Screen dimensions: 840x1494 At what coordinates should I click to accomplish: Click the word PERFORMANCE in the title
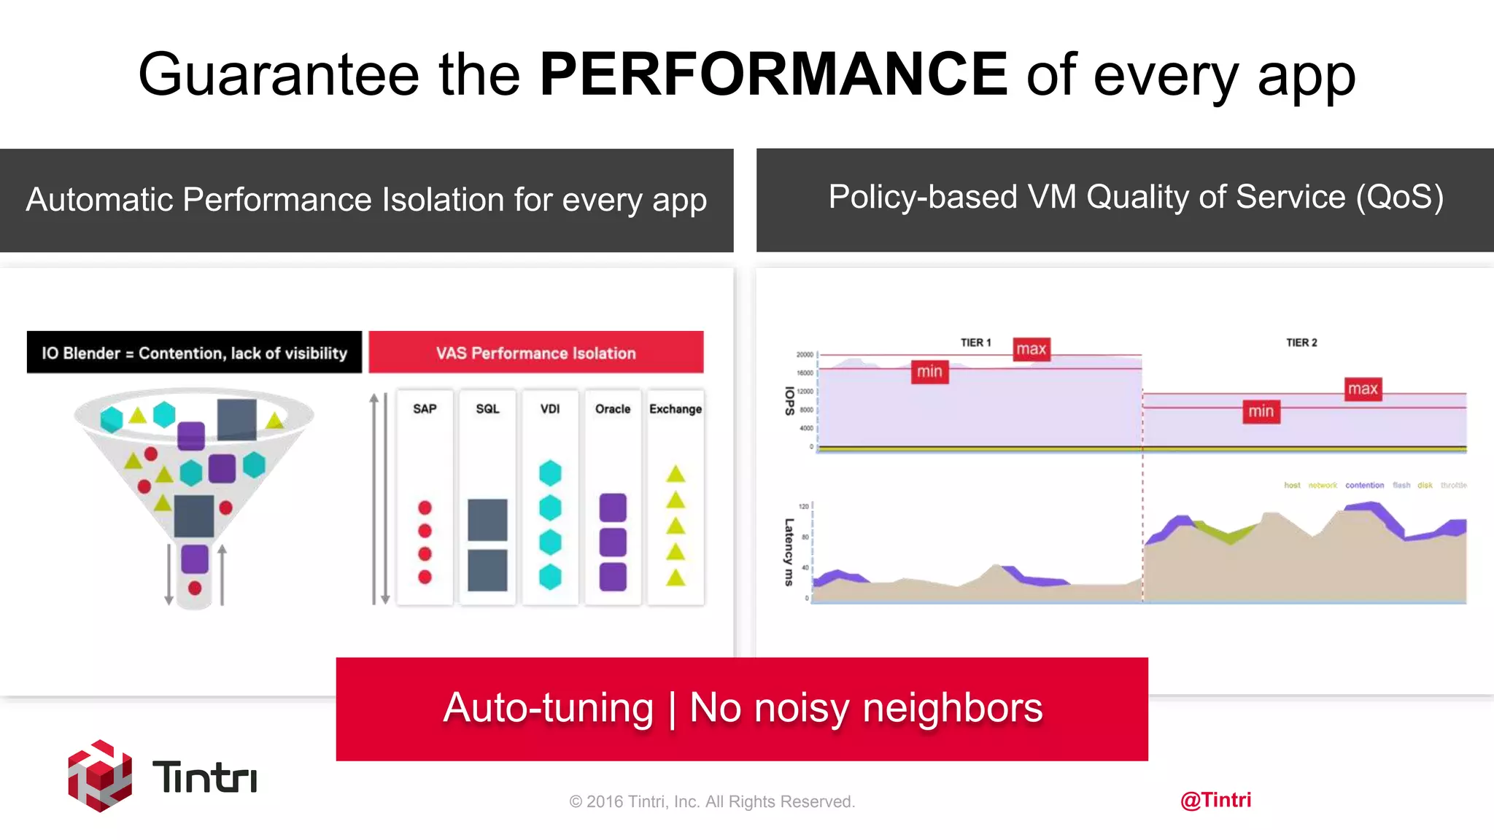click(773, 74)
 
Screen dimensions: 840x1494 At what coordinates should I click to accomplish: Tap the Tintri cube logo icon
click(100, 776)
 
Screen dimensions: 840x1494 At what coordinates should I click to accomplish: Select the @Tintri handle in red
click(1215, 800)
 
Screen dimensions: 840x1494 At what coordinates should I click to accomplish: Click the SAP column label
click(425, 409)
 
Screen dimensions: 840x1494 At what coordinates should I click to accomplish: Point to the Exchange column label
click(676, 409)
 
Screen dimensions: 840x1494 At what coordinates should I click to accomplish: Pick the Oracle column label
click(613, 409)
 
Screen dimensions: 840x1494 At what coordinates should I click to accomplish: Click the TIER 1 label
click(975, 343)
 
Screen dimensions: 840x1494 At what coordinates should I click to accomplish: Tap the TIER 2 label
click(1301, 343)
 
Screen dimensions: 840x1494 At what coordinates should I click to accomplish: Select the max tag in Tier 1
click(1032, 349)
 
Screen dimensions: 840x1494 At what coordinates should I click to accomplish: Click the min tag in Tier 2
click(1261, 411)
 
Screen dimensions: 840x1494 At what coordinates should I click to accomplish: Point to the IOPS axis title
click(789, 401)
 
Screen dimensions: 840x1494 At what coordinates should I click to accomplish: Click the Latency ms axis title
click(789, 552)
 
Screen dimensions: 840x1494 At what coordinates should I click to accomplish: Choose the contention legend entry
click(1364, 485)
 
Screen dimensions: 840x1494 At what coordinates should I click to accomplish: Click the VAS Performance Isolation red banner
click(536, 353)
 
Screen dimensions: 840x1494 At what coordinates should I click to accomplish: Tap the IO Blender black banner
click(194, 353)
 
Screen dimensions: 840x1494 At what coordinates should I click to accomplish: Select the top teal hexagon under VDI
click(550, 473)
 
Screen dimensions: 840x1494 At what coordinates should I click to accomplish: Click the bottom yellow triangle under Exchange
click(676, 578)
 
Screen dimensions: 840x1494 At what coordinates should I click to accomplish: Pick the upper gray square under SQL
click(487, 519)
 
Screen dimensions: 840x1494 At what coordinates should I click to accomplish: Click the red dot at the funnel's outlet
click(195, 588)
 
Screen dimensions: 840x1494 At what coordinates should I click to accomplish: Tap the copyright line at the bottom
click(712, 801)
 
